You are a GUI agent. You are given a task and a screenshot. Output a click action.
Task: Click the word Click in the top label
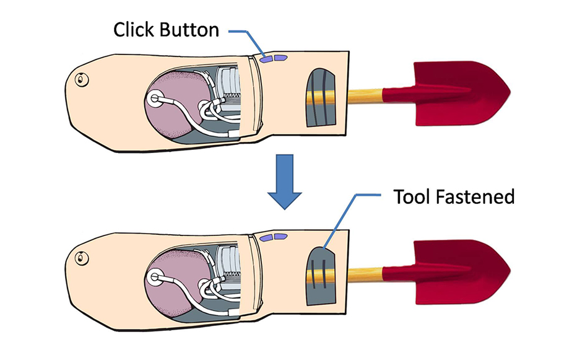pos(133,30)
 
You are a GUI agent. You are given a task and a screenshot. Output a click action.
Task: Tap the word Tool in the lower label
pos(414,197)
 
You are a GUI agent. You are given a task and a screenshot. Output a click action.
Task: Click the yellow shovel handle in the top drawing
pos(365,95)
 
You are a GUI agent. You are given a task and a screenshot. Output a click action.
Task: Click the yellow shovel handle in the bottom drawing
pos(365,273)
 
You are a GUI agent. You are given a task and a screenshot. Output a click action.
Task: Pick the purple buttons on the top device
pos(274,59)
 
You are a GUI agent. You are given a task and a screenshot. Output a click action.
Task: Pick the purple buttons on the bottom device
pos(274,237)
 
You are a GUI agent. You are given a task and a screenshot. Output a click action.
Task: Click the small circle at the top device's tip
pos(80,79)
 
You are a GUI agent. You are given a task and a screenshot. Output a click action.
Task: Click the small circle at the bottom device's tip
pos(80,257)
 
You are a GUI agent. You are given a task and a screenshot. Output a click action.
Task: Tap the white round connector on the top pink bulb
pos(155,98)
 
